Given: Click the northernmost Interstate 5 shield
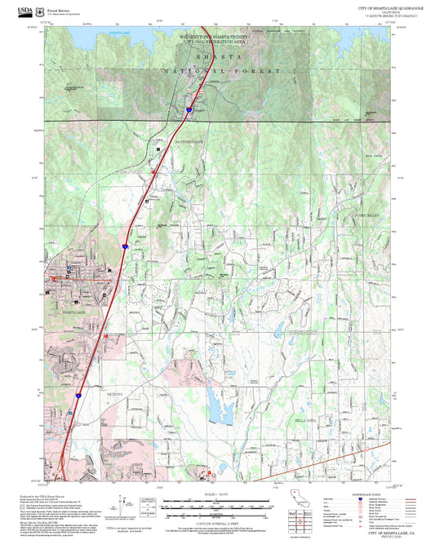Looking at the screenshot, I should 188,108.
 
